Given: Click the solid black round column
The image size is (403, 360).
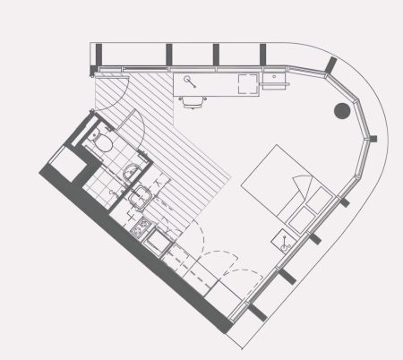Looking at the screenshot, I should (x=341, y=111).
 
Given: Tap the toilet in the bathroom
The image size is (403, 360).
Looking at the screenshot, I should (x=101, y=143).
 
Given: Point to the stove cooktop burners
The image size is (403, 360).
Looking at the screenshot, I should (x=139, y=231).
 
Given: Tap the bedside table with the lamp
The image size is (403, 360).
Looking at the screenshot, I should (x=283, y=240).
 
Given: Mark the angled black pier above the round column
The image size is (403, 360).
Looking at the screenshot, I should (x=332, y=66).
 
